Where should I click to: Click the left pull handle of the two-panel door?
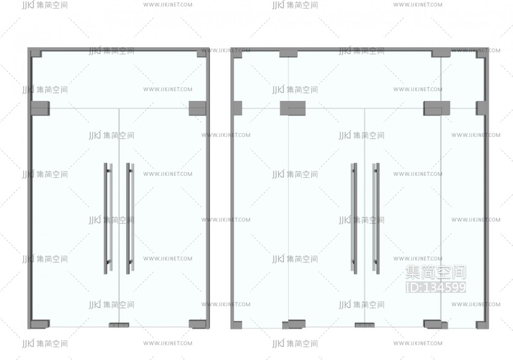[x=107, y=218]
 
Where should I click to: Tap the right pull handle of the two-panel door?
[x=129, y=218]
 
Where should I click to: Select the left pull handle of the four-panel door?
[x=354, y=218]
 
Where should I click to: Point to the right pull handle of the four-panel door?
[x=376, y=218]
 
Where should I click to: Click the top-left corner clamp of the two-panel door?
[x=36, y=53]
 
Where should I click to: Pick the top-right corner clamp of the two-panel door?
[x=202, y=53]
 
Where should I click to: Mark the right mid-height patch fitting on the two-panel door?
[x=197, y=108]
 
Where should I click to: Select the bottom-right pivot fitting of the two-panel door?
[x=198, y=324]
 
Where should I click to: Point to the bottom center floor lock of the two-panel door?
[x=118, y=325]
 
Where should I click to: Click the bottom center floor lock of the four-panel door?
[x=364, y=325]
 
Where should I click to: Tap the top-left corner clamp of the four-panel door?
[x=237, y=54]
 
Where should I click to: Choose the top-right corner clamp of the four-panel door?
[x=481, y=54]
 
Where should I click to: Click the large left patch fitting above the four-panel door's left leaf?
[x=293, y=108]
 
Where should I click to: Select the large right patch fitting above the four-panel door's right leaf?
[x=437, y=108]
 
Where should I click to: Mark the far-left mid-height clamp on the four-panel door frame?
[x=237, y=108]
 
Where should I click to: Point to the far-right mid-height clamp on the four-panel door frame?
[x=481, y=108]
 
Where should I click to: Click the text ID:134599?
[x=435, y=287]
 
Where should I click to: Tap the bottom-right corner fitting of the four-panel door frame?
[x=481, y=325]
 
